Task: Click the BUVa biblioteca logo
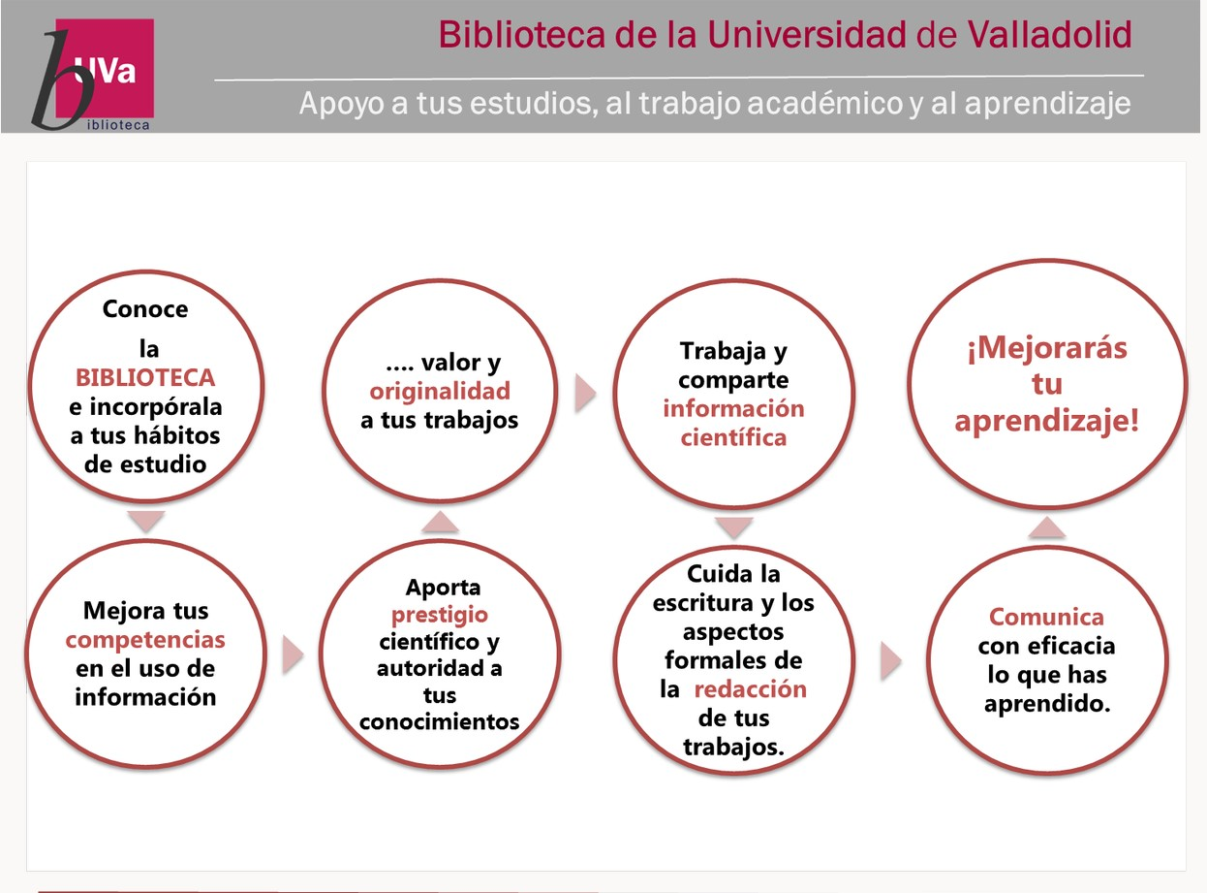coord(93,75)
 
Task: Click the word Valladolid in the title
coord(1049,35)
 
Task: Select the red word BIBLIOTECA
coord(145,377)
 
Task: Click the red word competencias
coord(145,641)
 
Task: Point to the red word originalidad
coord(440,392)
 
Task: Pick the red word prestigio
coord(440,616)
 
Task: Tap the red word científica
coord(733,437)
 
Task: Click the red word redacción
coord(751,689)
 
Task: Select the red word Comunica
coord(1046,617)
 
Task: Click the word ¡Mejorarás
coord(1047,348)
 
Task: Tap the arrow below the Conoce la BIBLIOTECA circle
coord(146,522)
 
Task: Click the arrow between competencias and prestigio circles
coord(293,655)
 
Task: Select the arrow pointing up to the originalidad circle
coord(440,522)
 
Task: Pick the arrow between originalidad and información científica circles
coord(585,393)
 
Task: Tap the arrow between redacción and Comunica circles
coord(891,661)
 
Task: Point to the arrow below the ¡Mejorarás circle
coord(1046,527)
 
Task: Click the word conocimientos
coord(439,722)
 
